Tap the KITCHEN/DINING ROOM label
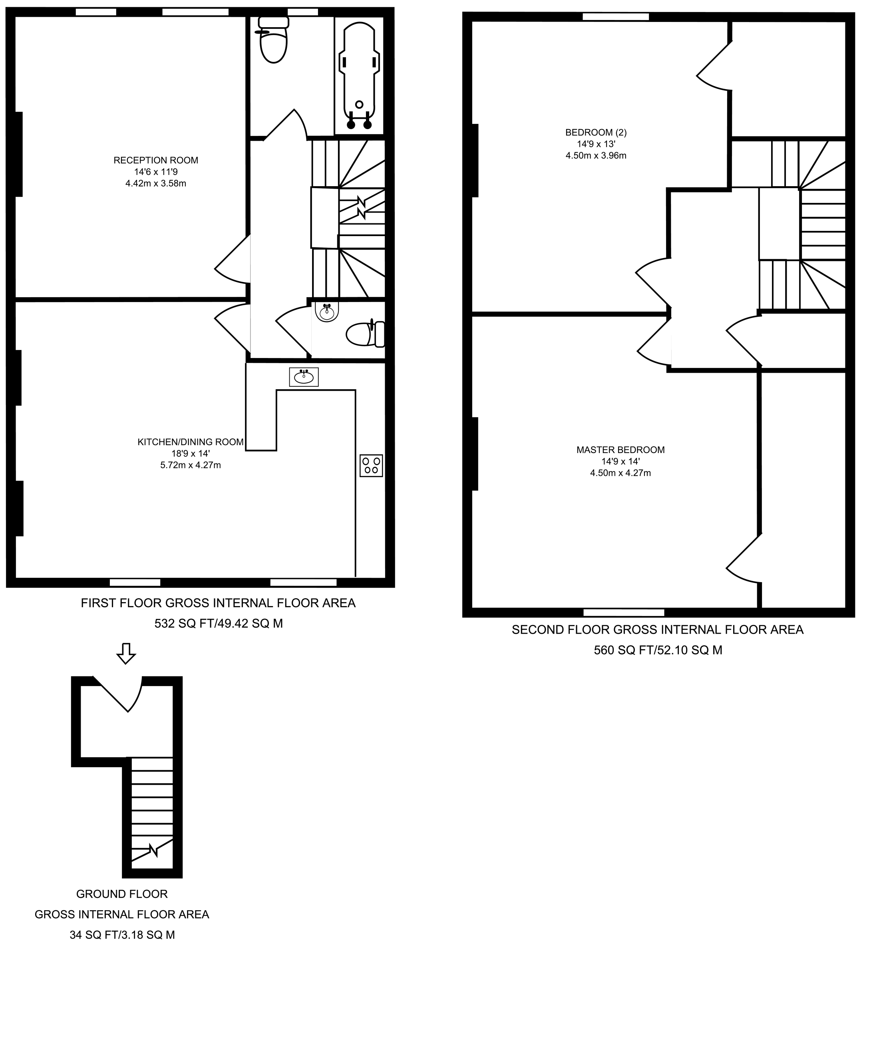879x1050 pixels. tap(191, 442)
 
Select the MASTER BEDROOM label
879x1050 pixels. tap(620, 450)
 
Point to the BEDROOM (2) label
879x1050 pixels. tap(596, 133)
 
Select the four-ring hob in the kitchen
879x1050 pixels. tap(371, 465)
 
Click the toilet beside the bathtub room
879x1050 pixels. tap(273, 40)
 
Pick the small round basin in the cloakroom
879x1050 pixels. tap(327, 312)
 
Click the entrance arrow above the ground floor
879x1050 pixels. tap(126, 654)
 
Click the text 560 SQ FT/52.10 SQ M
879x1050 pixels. tap(658, 650)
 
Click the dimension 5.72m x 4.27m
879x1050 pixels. tap(191, 465)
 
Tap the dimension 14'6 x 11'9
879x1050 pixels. tap(156, 172)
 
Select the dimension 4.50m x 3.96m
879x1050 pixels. tap(596, 155)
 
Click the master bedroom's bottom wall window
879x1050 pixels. tap(624, 612)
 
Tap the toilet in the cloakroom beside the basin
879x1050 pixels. tap(366, 334)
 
